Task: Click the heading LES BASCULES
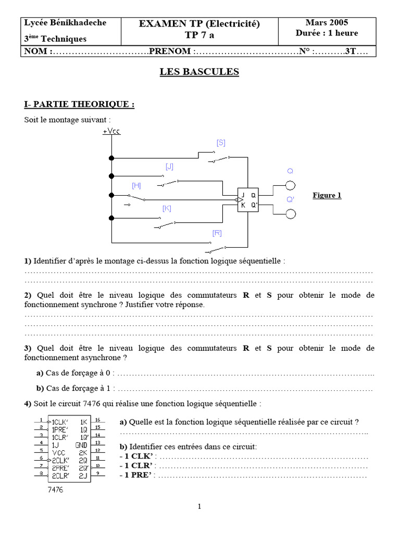point(199,72)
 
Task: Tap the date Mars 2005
point(327,22)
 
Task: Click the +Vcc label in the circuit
point(111,132)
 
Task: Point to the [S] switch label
point(221,143)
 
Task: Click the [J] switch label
point(169,167)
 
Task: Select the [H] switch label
point(136,185)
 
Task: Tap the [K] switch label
point(167,208)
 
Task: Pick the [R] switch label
point(217,233)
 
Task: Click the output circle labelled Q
point(290,186)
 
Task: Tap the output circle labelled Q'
point(290,214)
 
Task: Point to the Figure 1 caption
point(327,196)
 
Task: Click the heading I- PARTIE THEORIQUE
point(79,105)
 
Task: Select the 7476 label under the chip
point(56,490)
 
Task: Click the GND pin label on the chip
point(81,445)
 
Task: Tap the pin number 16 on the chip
point(97,418)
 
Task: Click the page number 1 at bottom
point(199,506)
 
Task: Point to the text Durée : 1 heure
point(327,33)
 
